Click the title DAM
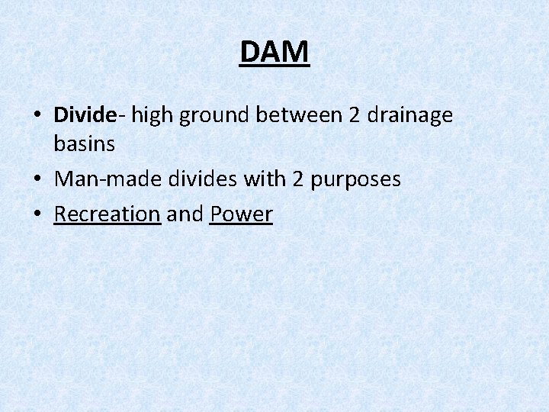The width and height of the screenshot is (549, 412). coord(274,52)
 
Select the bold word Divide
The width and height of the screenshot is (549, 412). coord(85,115)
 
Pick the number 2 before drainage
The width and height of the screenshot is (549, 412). coord(354,115)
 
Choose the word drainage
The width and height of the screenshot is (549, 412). coord(409,116)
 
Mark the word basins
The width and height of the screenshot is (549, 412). coord(85,143)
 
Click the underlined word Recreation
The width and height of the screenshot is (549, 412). coord(107,214)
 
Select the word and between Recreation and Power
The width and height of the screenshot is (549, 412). coord(185,214)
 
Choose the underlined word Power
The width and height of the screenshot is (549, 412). coord(241,214)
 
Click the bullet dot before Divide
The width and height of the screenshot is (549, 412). coord(37,117)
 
